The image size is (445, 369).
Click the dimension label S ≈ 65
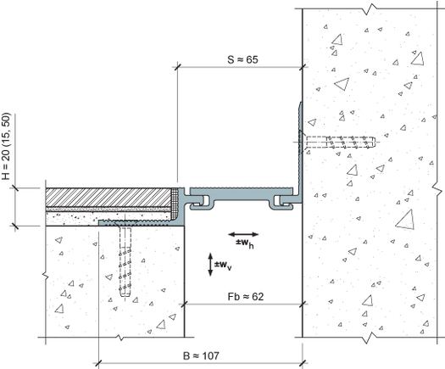(x=242, y=59)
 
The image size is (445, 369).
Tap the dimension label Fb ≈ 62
(x=246, y=297)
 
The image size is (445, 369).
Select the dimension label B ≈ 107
(x=201, y=355)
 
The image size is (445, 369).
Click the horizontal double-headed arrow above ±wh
(x=243, y=234)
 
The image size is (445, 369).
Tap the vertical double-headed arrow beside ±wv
(x=210, y=265)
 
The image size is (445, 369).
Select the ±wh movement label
(x=245, y=243)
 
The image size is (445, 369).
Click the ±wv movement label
(x=223, y=266)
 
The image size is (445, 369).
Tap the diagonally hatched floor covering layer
(x=108, y=197)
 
